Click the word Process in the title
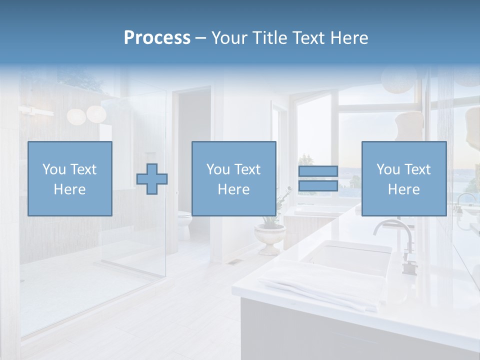tap(157, 38)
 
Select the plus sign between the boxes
tap(152, 179)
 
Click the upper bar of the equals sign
tap(318, 171)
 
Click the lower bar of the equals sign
tap(318, 186)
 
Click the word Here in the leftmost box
tap(69, 189)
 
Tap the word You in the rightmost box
tap(388, 169)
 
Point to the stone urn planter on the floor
tap(269, 237)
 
